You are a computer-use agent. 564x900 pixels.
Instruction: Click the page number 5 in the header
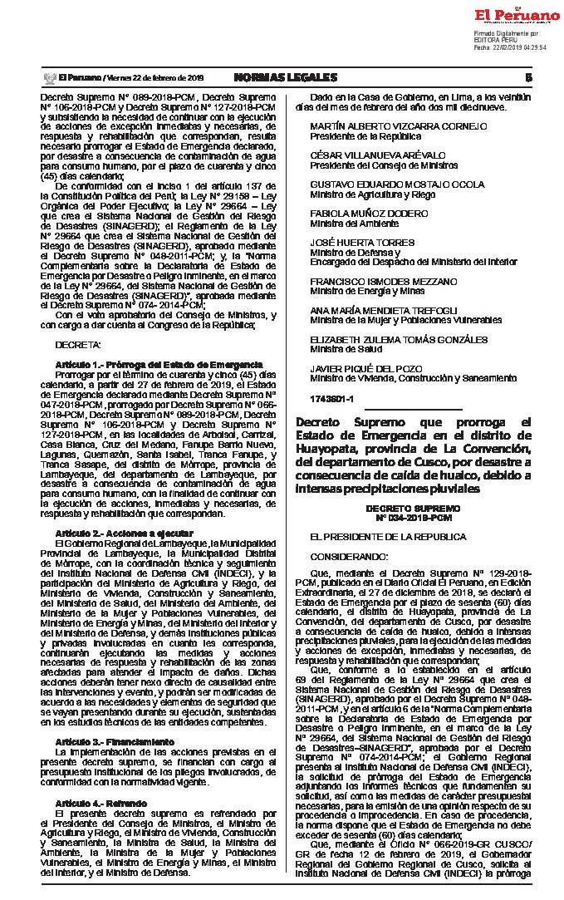coord(527,77)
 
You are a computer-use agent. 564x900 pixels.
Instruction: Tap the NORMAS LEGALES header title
coord(285,77)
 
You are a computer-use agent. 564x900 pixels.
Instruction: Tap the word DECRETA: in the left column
coord(78,344)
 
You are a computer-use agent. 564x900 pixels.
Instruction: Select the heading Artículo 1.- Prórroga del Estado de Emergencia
coord(159,365)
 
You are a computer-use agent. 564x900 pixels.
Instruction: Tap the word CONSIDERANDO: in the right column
coord(348,554)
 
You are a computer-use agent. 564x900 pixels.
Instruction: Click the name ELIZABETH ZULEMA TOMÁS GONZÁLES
coord(399,339)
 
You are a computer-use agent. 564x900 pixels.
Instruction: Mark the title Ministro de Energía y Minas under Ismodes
coord(367,291)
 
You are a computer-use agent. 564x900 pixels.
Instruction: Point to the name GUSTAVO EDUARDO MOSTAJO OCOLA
coord(396,184)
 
